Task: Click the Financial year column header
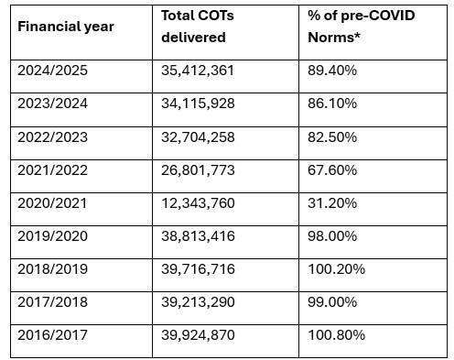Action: tap(66, 27)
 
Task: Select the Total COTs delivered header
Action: tap(198, 27)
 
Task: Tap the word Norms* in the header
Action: tap(334, 38)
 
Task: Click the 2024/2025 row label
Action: tap(52, 71)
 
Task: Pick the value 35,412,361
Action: tap(198, 71)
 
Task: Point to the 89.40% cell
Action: tap(332, 71)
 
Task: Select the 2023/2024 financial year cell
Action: tap(52, 104)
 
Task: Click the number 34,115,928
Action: tap(198, 104)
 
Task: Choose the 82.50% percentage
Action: tap(332, 137)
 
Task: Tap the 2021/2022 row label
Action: tap(52, 170)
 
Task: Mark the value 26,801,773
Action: tap(198, 170)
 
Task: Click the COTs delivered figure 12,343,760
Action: tap(198, 203)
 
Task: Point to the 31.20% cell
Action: tap(332, 203)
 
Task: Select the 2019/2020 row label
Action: tap(52, 236)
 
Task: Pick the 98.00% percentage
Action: tap(332, 236)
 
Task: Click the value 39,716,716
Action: tap(198, 269)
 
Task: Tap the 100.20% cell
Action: tap(336, 269)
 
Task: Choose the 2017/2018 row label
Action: tap(52, 302)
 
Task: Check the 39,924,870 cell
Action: tap(198, 335)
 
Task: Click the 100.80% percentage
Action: tap(336, 335)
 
